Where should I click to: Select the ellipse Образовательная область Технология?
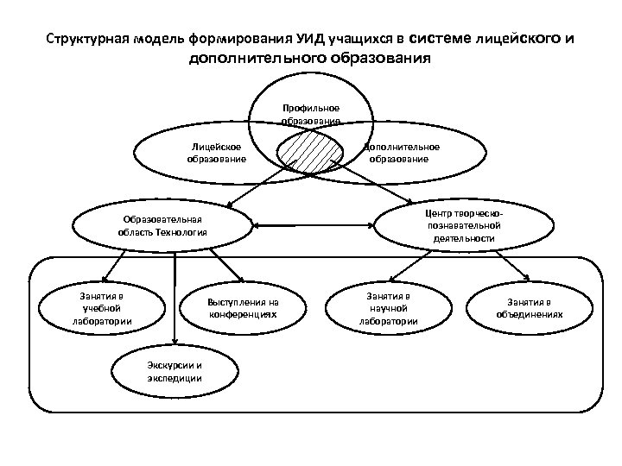coord(164,226)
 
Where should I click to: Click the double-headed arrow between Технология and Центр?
coord(314,227)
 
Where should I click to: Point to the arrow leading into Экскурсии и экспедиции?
coord(176,302)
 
